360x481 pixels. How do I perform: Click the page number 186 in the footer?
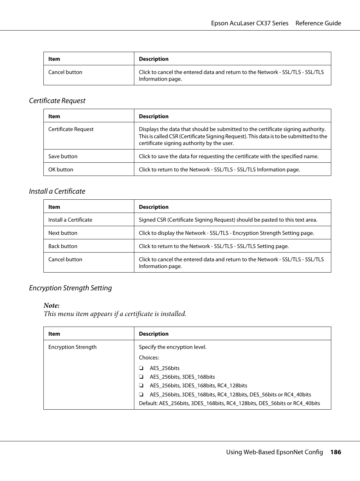[335, 452]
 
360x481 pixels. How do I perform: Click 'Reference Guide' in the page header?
[318, 23]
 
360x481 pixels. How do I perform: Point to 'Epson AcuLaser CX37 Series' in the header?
[249, 23]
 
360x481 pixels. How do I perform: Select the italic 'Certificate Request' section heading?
[57, 101]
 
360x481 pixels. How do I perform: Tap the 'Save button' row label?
[63, 156]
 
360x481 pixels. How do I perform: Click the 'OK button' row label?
[61, 170]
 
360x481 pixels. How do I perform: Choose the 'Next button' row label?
[63, 233]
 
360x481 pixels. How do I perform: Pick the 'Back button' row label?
[63, 246]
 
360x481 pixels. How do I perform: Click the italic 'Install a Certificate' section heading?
[57, 191]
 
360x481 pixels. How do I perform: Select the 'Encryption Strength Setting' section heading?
[71, 288]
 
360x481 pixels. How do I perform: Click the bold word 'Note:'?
[51, 305]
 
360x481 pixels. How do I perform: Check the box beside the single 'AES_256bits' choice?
[141, 368]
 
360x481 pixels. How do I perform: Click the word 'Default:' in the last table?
[148, 403]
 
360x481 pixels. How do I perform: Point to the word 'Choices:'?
[149, 358]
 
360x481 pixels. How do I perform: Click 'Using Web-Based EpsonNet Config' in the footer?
[274, 452]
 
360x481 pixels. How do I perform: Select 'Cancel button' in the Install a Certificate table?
[65, 259]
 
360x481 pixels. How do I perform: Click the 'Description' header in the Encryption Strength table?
[154, 334]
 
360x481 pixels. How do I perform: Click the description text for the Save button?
[229, 156]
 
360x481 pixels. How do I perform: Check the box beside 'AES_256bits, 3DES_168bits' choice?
[141, 377]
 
